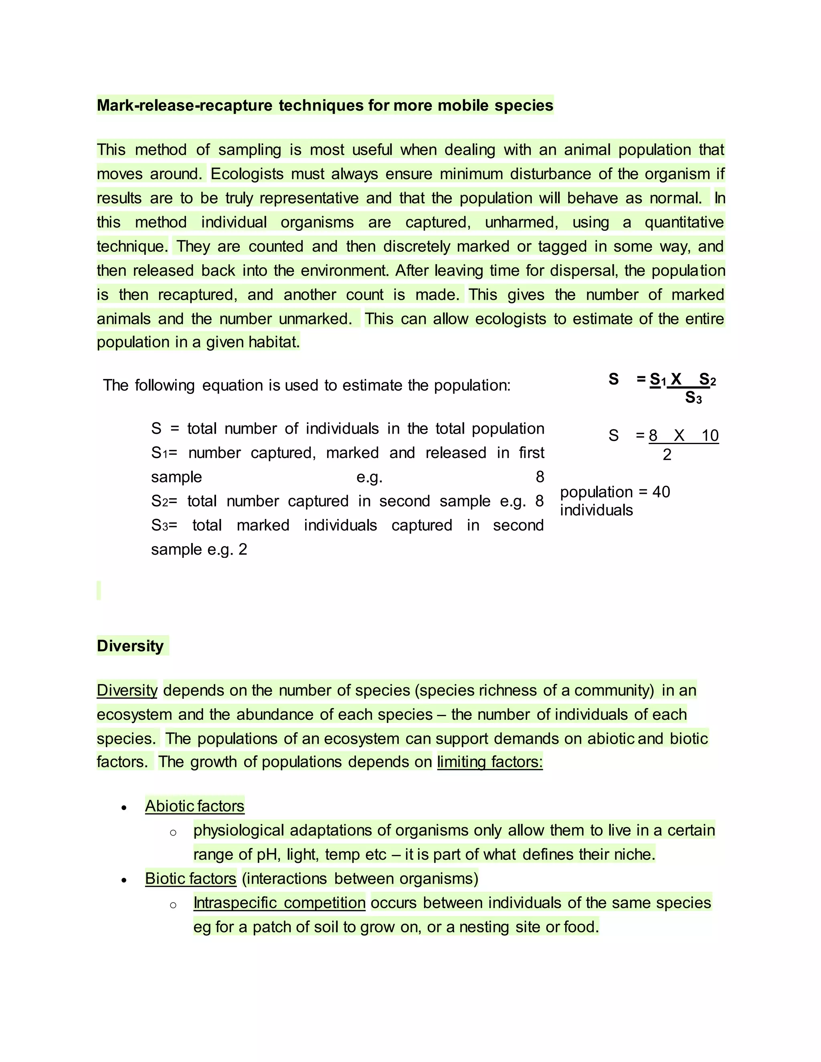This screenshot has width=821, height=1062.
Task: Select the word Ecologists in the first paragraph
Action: click(247, 174)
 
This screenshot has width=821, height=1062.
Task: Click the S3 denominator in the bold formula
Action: click(693, 398)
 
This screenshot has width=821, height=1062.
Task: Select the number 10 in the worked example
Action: click(710, 436)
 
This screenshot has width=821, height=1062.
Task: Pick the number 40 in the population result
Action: click(661, 492)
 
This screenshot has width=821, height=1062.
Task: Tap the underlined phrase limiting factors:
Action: click(489, 761)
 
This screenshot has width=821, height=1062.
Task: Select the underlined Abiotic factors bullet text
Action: click(194, 806)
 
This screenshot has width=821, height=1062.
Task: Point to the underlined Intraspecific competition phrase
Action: click(279, 902)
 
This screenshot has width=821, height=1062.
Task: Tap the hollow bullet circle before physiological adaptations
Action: click(173, 832)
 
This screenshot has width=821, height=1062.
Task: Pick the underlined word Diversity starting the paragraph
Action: click(127, 690)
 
